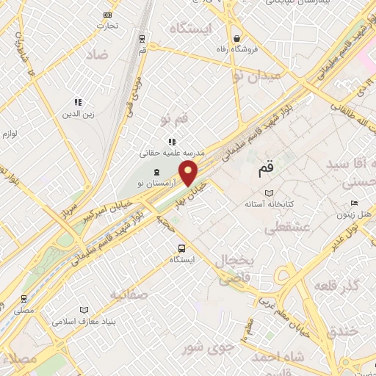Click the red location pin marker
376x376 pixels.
point(189,173)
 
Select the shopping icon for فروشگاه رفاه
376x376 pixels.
point(236,37)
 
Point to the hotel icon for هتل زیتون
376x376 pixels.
point(355,203)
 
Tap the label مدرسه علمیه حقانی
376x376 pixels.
point(172,153)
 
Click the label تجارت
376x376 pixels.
point(108,25)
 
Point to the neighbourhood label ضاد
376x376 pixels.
point(95,55)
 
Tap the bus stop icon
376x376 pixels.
point(181,247)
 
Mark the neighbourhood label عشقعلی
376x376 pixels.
point(292,228)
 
